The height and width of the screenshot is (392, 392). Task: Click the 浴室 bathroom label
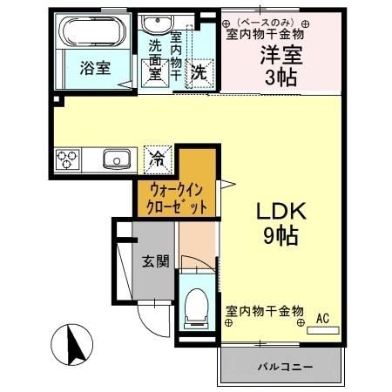click(96, 69)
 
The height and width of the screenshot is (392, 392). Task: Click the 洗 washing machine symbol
click(199, 71)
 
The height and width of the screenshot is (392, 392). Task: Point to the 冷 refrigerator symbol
click(158, 159)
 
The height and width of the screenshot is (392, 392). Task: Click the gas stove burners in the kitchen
click(69, 159)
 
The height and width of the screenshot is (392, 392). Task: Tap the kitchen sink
click(117, 159)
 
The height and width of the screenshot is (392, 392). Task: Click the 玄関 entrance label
click(156, 261)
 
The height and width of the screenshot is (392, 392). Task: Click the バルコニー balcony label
click(284, 368)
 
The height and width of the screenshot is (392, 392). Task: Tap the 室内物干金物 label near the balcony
click(265, 311)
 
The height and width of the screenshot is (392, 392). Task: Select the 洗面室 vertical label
click(154, 62)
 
